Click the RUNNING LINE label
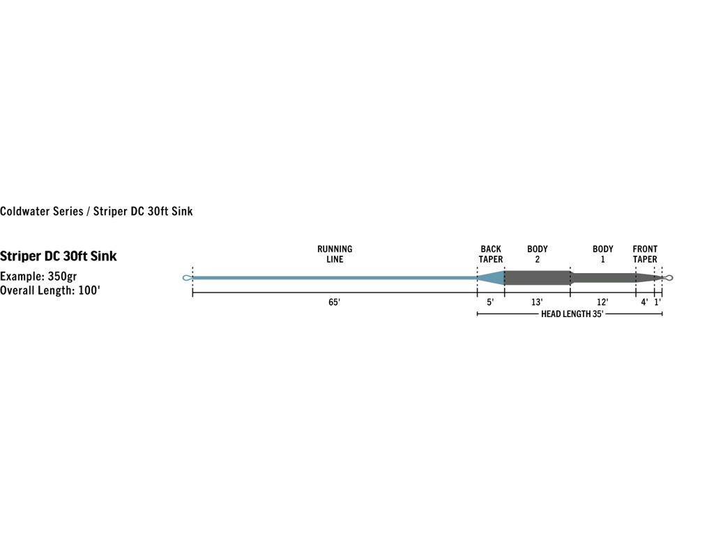[x=335, y=254]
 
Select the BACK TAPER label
[x=490, y=254]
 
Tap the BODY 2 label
[x=538, y=254]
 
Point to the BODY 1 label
[x=603, y=254]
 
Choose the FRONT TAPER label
[x=645, y=254]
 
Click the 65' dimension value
[x=334, y=302]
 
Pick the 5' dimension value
[x=490, y=302]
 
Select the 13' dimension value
[x=537, y=302]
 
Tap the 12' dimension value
[x=602, y=302]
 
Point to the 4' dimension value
[x=644, y=302]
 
